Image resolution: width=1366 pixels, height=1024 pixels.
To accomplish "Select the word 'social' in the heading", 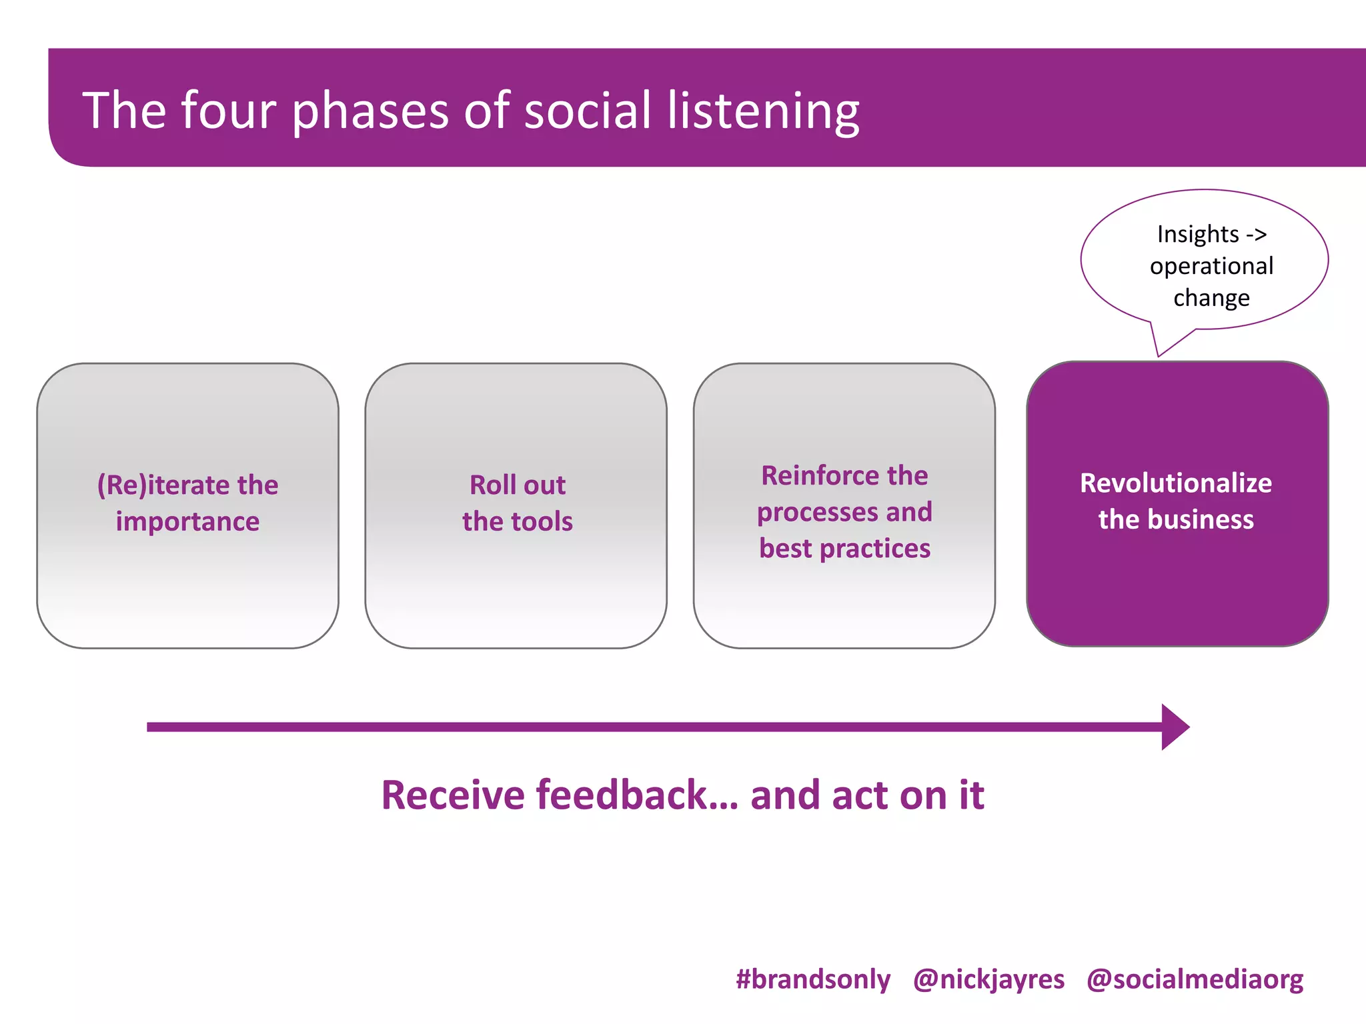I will [x=588, y=110].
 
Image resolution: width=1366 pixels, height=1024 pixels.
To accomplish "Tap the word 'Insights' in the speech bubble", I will [x=1197, y=234].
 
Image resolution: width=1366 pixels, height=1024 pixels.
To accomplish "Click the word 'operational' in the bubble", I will [x=1211, y=266].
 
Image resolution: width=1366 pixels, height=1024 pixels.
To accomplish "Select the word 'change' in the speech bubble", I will [x=1211, y=298].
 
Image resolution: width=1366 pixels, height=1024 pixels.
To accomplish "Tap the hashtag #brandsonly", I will [x=812, y=979].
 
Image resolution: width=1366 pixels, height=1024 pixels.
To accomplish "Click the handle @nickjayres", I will [x=988, y=979].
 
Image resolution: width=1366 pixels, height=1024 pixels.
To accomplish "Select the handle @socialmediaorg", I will [x=1195, y=979].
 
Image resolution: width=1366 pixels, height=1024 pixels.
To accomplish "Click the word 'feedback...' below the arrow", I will [x=637, y=795].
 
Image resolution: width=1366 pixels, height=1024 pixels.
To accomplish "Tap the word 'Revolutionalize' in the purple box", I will [x=1175, y=483].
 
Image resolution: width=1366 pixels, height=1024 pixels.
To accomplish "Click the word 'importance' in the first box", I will [x=187, y=521].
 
